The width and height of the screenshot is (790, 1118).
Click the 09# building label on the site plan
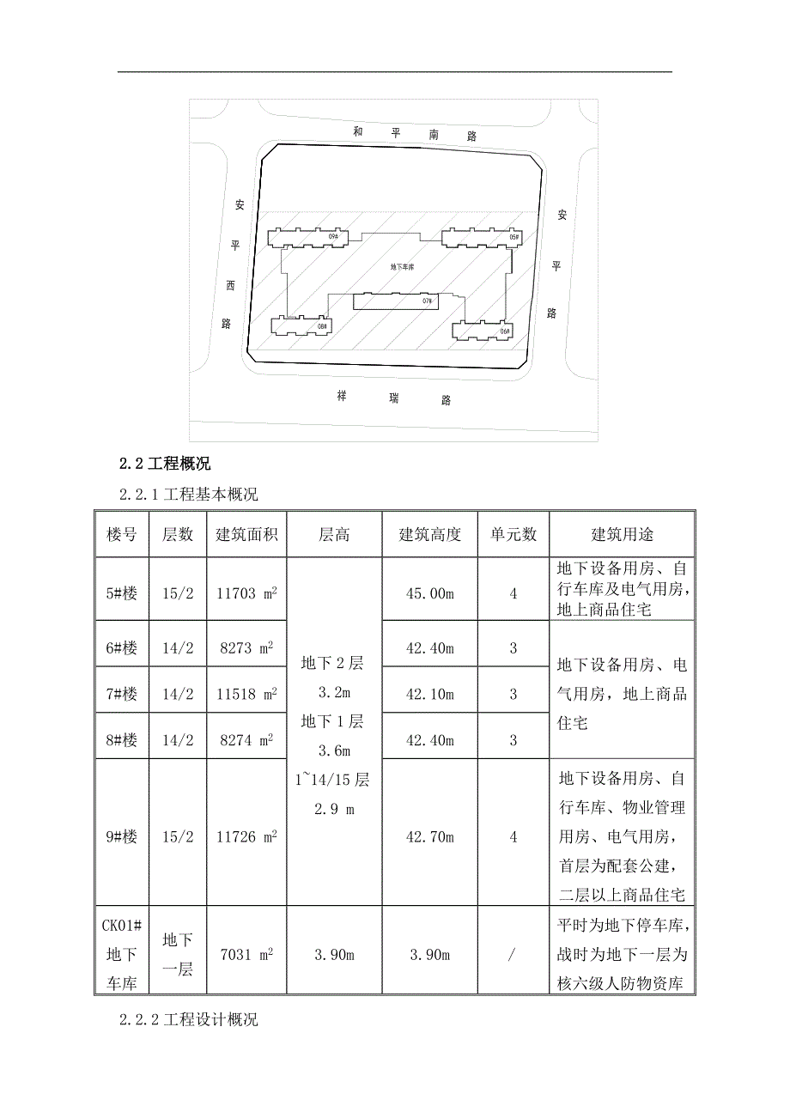(333, 235)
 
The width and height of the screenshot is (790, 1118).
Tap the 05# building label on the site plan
(514, 236)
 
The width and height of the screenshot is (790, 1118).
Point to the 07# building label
(427, 301)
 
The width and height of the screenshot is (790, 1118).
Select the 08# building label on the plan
(323, 326)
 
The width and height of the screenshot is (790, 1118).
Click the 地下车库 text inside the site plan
(402, 268)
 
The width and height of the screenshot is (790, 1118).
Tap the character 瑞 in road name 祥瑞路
(394, 398)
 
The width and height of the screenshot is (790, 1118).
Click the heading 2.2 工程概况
(165, 465)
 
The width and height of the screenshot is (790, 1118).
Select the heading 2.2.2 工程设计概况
(189, 1020)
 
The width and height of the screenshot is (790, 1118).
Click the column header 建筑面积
(246, 534)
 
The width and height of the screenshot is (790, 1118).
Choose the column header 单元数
(513, 534)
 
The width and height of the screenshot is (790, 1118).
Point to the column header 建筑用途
(622, 534)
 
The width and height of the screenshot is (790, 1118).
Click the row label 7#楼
(122, 694)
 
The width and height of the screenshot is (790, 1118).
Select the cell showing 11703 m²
(246, 593)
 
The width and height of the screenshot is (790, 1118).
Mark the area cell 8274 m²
(246, 739)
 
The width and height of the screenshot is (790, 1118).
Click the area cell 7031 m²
(246, 955)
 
